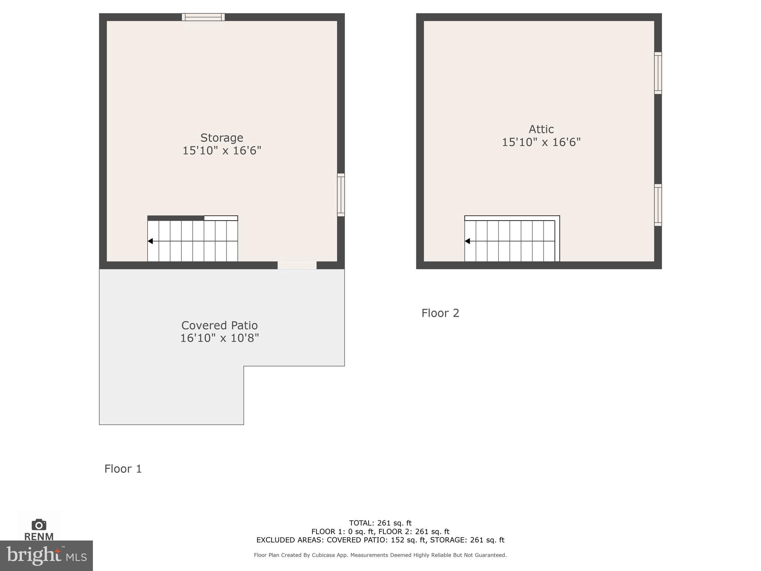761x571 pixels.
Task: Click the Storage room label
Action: (x=222, y=138)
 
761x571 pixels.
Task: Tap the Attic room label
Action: (x=541, y=129)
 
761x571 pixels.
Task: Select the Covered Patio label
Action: (x=219, y=325)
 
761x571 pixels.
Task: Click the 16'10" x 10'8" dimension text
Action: (x=219, y=338)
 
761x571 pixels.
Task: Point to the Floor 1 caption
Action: (x=123, y=469)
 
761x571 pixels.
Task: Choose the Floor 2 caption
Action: (x=440, y=313)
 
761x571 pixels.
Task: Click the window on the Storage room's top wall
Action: (x=203, y=17)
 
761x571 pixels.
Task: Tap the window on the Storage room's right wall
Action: (x=341, y=195)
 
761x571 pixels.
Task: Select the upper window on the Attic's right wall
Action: (x=658, y=73)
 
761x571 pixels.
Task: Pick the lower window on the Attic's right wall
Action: (x=658, y=205)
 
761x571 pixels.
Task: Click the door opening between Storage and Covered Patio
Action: (x=297, y=265)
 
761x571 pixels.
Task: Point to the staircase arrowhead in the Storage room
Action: (x=150, y=241)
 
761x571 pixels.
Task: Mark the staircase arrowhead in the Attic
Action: (x=467, y=241)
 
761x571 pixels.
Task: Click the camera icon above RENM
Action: (x=39, y=525)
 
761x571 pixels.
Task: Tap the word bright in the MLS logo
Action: (x=33, y=555)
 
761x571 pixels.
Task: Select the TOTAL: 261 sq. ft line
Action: (x=380, y=523)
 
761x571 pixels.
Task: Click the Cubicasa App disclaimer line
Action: (x=380, y=555)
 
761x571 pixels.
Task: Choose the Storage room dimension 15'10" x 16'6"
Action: (x=222, y=151)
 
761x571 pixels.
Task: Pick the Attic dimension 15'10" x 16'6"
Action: (x=541, y=142)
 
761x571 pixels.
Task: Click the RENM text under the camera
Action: (x=39, y=536)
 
